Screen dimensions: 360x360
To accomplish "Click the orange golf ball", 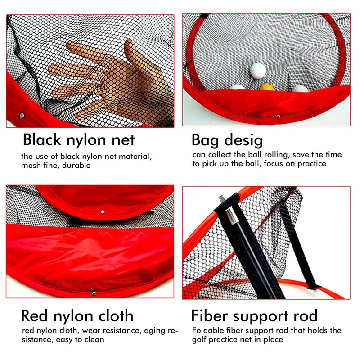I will tap(267, 86).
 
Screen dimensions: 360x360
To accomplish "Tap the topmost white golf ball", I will tap(258, 70).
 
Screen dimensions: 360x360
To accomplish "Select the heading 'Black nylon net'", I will tap(79, 140).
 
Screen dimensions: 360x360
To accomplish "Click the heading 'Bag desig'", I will tap(227, 140).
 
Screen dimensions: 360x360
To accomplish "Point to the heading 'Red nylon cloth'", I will tap(77, 315).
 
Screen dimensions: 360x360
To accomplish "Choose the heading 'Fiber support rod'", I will tap(254, 315).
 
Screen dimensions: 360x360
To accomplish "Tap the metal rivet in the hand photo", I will tap(21, 116).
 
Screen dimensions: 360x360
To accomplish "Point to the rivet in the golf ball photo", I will tap(278, 116).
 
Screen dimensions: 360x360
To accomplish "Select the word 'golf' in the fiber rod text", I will tap(200, 339).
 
